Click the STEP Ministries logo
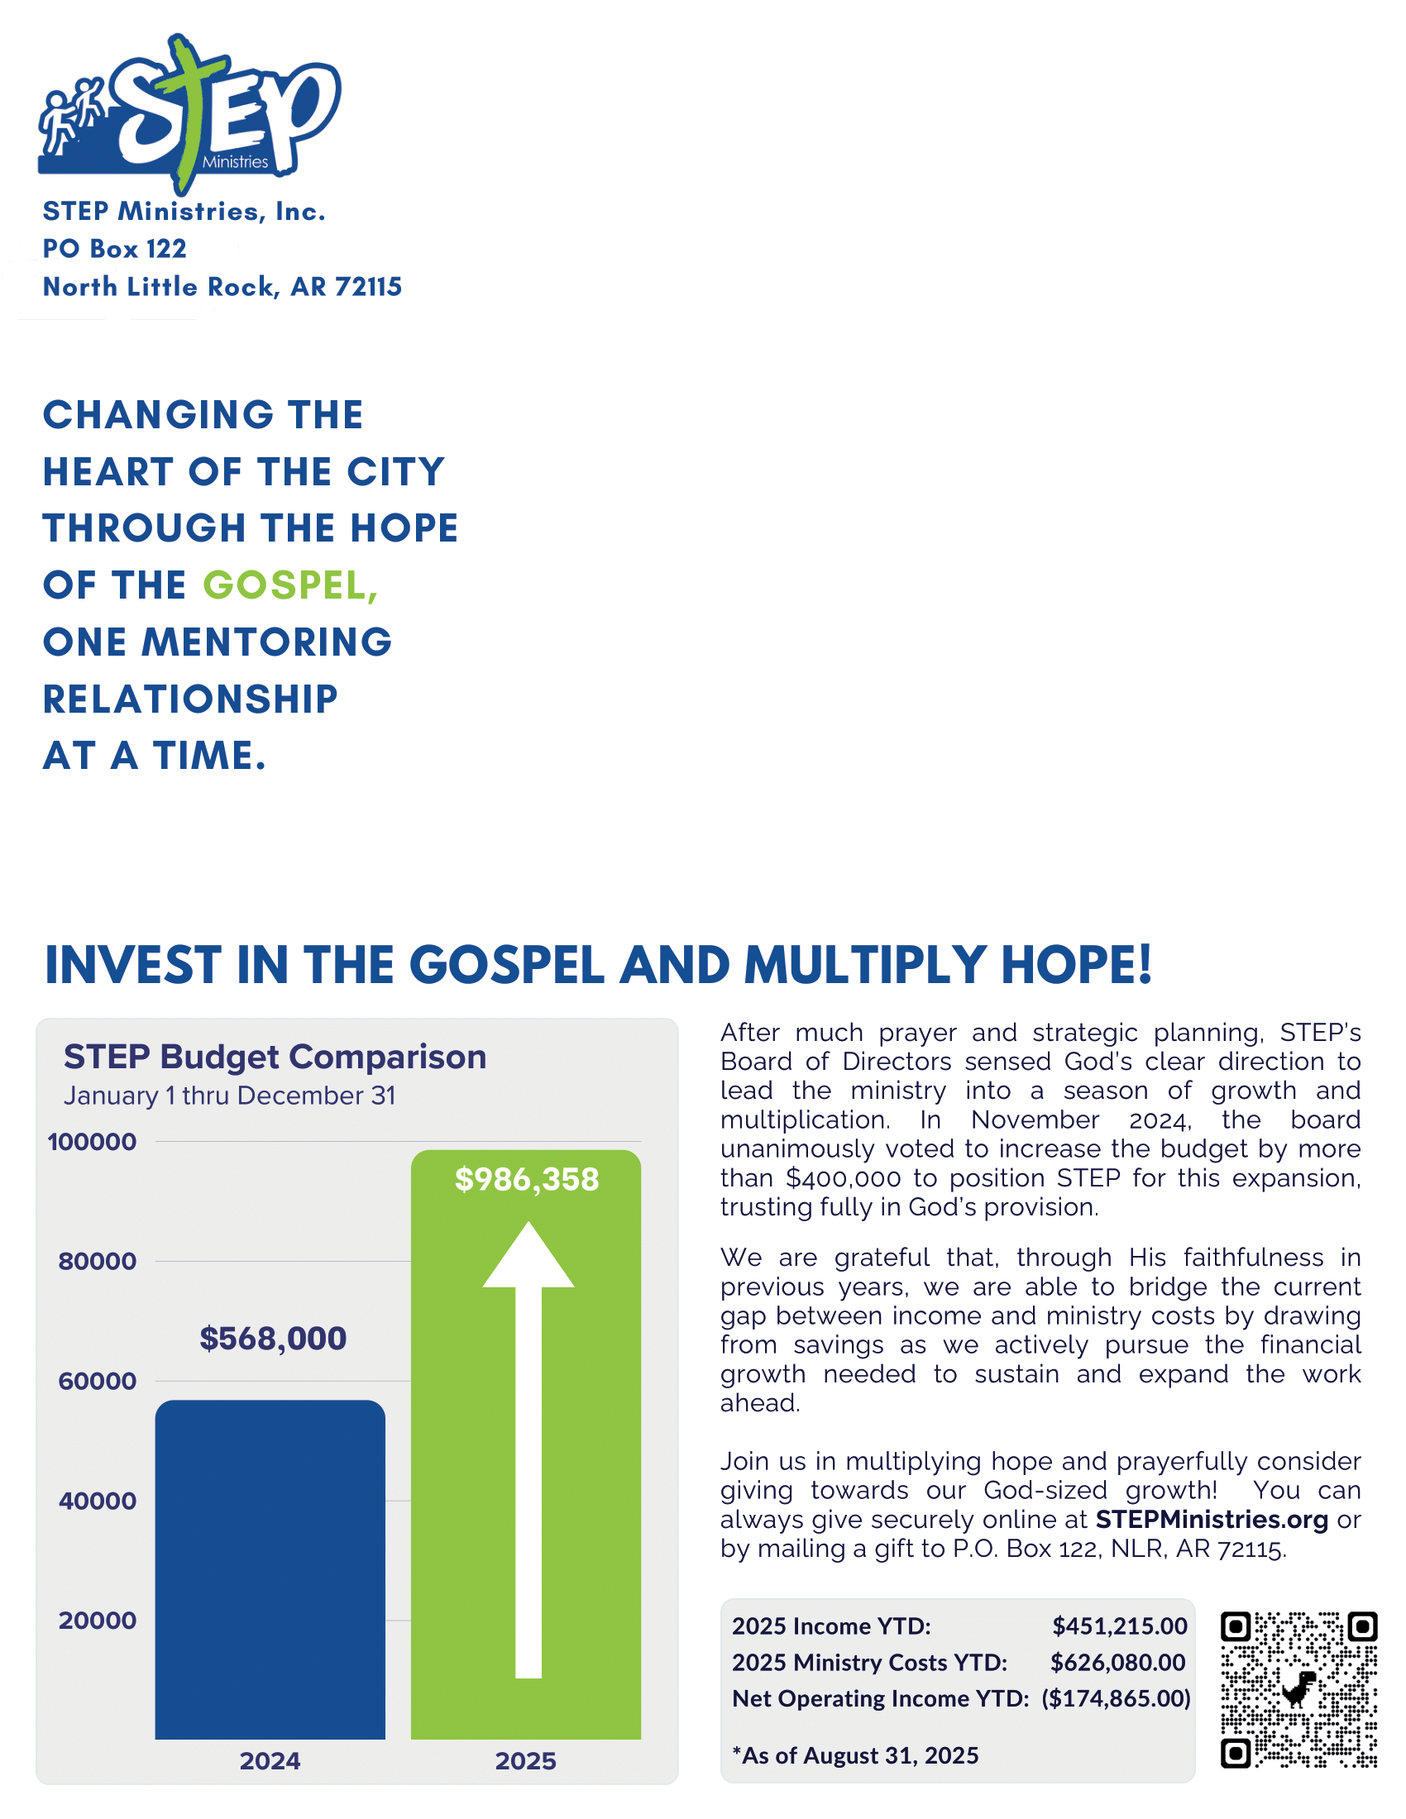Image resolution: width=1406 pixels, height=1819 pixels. point(190,112)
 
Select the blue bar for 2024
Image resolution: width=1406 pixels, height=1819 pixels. point(270,1570)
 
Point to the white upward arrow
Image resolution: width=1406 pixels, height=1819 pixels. point(528,1449)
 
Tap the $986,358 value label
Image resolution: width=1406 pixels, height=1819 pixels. point(526,1179)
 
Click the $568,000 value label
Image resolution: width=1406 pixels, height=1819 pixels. point(272,1339)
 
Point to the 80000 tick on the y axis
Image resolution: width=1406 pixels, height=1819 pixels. point(98,1261)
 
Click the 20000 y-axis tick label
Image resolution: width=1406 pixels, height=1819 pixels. point(98,1621)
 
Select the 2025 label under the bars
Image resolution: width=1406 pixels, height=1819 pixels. point(525,1760)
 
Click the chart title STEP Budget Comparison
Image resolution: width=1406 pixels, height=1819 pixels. point(275,1056)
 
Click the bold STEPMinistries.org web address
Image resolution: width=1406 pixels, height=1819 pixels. point(1211,1519)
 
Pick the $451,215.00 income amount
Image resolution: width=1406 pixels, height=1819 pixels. point(1120,1626)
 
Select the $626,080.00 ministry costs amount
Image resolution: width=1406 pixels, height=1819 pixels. point(1118,1663)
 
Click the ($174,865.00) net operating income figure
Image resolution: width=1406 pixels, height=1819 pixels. point(1117,1698)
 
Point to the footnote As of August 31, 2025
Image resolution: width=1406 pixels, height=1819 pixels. point(855,1755)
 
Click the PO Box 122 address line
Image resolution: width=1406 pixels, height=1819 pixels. point(115,248)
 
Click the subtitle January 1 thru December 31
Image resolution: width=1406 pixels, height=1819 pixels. point(229,1096)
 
